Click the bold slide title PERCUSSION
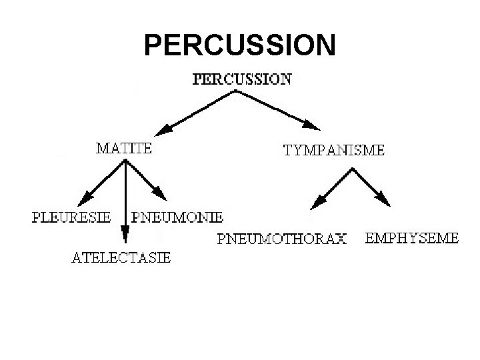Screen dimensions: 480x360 (x=240, y=45)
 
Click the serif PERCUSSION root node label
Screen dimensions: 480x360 (x=241, y=79)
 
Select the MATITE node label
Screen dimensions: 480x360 (x=124, y=149)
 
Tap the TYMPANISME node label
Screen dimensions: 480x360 (x=334, y=151)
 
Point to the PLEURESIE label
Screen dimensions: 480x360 (x=71, y=217)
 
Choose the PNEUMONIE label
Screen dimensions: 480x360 (x=177, y=217)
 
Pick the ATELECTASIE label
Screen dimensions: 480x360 (x=121, y=257)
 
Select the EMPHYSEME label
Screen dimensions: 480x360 (x=411, y=237)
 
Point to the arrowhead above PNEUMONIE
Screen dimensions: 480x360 (x=161, y=194)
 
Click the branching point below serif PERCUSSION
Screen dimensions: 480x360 (x=236, y=92)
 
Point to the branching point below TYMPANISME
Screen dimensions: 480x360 (x=351, y=169)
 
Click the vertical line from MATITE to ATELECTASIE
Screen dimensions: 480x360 (x=125, y=197)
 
